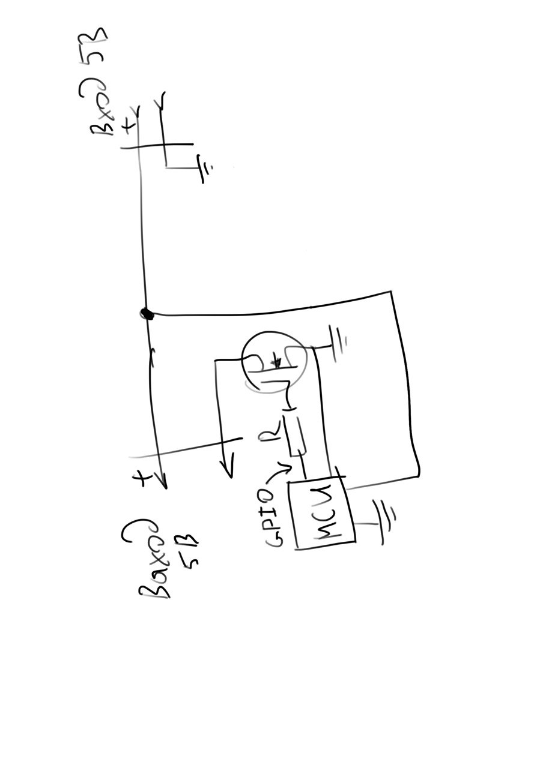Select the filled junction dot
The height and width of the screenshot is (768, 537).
coord(146,313)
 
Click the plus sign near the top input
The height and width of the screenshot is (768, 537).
coord(128,125)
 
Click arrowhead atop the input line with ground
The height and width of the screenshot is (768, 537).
coord(161,101)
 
